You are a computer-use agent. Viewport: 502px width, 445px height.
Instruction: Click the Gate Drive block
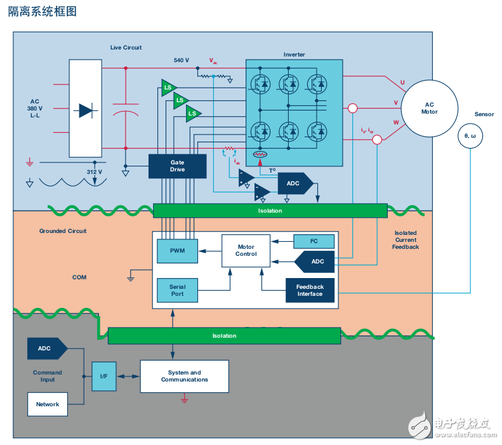177,166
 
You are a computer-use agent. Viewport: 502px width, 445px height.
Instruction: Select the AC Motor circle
429,108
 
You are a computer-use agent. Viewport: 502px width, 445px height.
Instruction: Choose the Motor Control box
246,251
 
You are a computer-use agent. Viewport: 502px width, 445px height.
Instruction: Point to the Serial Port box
177,290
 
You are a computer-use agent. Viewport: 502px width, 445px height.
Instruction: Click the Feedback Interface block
310,290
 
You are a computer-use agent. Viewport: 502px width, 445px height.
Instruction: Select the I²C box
313,241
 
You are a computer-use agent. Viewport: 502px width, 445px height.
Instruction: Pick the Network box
48,404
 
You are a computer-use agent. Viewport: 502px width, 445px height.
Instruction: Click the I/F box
103,376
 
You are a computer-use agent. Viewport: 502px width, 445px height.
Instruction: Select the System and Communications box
184,376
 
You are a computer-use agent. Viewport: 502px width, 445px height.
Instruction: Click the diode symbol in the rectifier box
85,110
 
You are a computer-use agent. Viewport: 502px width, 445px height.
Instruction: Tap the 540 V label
182,60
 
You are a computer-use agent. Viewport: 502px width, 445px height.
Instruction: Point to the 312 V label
94,171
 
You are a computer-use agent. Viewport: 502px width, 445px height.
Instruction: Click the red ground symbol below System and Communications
184,399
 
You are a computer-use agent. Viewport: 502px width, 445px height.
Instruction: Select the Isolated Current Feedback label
406,240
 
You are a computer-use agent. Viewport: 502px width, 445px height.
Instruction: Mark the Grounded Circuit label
63,231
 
